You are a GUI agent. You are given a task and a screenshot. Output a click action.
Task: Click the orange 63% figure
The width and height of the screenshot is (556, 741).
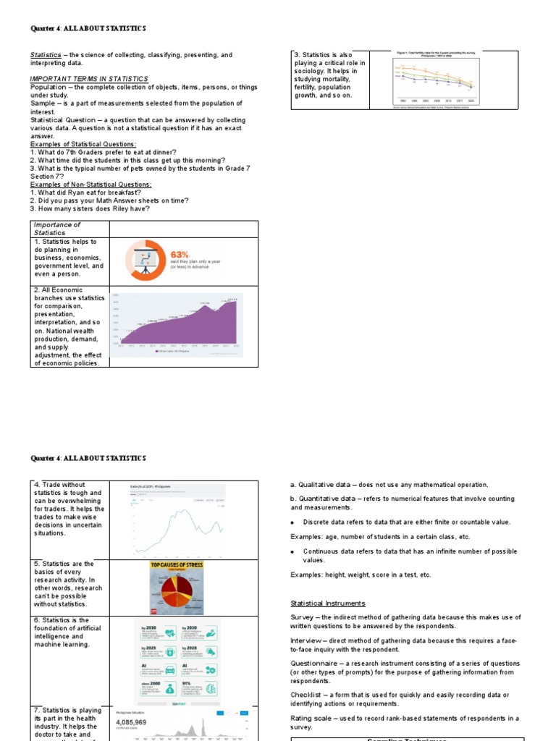tap(180, 255)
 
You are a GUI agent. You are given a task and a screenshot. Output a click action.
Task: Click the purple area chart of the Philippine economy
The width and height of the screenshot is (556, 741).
tap(178, 325)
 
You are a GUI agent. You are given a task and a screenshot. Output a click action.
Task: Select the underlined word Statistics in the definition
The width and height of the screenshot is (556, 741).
tap(46, 55)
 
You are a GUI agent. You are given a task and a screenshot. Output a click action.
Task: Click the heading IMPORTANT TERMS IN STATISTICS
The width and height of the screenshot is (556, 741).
tap(89, 79)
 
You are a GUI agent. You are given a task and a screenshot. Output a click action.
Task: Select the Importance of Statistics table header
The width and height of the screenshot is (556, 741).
tap(57, 229)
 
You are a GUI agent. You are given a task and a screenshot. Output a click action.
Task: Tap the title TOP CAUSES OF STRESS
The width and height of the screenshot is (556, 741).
tap(175, 565)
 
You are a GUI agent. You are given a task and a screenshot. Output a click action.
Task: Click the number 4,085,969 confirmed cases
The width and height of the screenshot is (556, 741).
tap(141, 722)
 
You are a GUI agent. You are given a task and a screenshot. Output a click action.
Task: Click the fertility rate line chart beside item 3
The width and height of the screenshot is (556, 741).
tap(434, 79)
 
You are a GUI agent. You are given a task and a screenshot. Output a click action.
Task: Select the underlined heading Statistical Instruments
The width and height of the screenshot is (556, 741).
tap(327, 604)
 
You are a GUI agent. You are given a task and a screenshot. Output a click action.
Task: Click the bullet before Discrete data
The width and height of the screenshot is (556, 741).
tap(292, 522)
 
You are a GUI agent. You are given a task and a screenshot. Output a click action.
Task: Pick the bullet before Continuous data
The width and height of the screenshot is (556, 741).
tap(292, 552)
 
